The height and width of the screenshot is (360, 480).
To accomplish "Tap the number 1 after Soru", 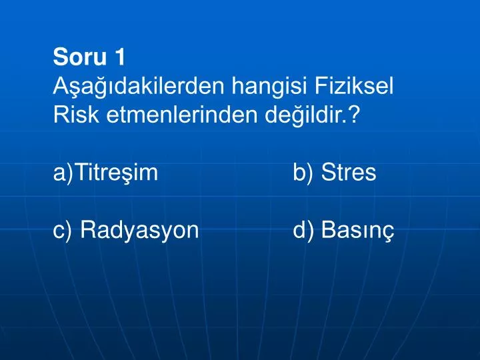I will coord(119,58).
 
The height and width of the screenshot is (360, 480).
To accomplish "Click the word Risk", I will coord(71,116).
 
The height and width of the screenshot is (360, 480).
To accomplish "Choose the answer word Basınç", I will coord(357,231).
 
